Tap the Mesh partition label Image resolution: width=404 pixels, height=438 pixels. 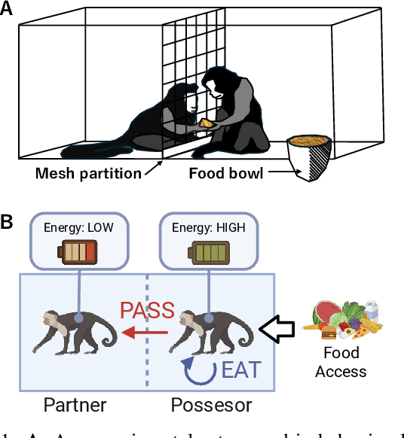(x=89, y=174)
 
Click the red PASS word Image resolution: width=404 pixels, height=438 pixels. (x=148, y=309)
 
